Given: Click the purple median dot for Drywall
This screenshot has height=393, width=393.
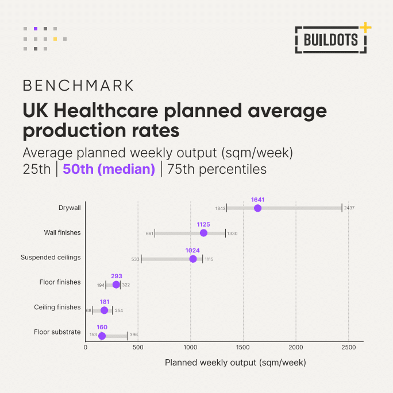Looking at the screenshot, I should coord(257,208).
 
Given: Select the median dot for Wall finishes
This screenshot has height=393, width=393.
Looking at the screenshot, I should coord(203,233).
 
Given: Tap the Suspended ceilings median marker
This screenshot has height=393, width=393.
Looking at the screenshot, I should coord(193,259).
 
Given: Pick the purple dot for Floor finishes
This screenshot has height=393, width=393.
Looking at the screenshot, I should coord(116,285).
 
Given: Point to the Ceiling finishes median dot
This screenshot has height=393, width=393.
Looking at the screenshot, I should coord(104,310).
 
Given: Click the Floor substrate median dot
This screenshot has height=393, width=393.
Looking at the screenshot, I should coord(102,336).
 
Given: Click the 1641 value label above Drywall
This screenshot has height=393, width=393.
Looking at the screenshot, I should coord(257,200).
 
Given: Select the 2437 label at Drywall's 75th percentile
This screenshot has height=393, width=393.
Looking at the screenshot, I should coord(349,208).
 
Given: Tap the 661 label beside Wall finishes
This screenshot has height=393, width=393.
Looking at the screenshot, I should coord(149,234).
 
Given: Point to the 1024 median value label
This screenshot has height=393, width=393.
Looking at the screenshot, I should coord(192,251).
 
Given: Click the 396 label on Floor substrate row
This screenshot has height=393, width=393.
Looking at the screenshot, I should coord(134,335).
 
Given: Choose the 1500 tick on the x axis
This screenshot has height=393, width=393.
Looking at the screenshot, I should coord(243,347).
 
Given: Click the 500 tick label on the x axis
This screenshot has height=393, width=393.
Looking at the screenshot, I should coord(138,347).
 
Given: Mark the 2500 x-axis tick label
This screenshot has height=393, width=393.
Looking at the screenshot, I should coord(348,347).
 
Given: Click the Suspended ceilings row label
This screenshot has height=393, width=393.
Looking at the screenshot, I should coord(51,258).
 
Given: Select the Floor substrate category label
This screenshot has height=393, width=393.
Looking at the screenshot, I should coord(57,332).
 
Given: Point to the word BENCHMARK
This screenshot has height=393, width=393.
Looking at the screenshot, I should coord(78,85).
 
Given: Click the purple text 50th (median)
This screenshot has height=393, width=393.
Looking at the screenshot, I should coord(109,169).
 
